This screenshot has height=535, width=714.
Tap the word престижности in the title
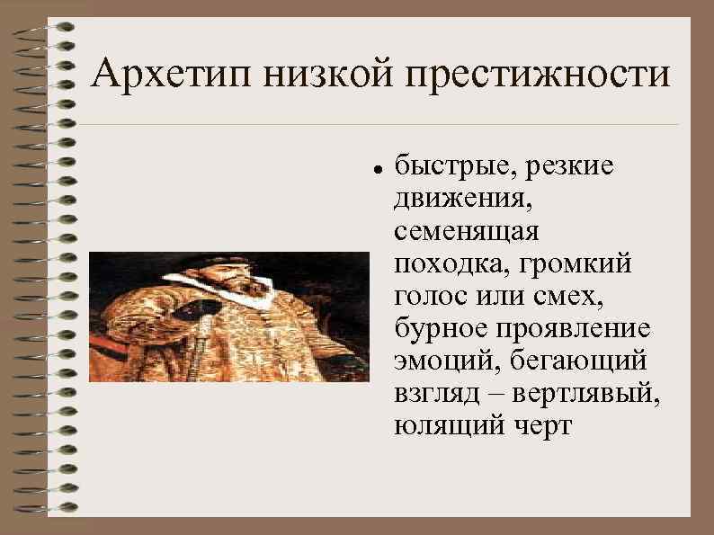[539, 75]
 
